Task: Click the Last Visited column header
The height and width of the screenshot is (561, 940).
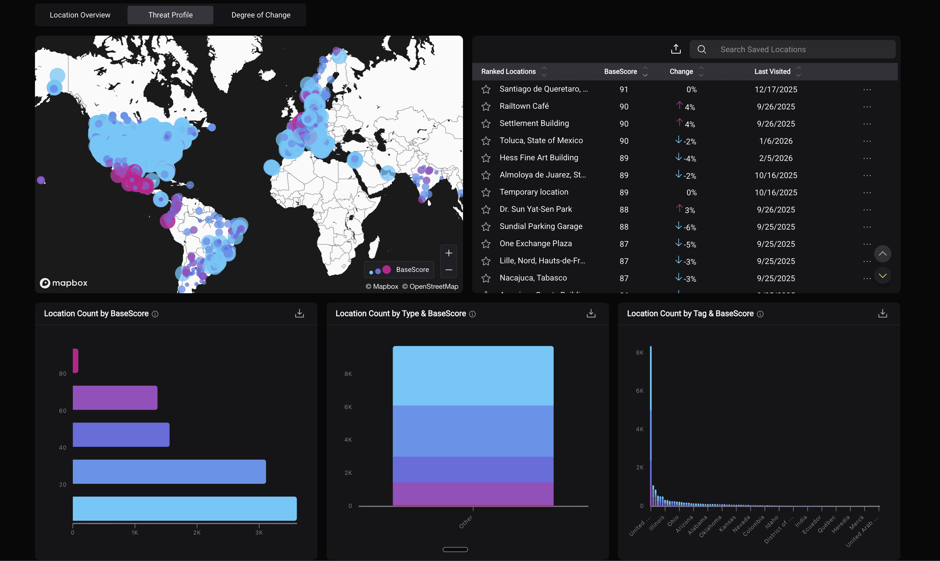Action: click(x=772, y=72)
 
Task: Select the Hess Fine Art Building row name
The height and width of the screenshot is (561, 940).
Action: click(x=539, y=158)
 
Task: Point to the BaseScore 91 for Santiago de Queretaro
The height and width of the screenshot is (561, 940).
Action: click(x=624, y=90)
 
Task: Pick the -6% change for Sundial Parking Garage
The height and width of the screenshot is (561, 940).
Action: click(x=689, y=227)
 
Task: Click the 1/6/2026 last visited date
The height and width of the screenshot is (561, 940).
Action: click(x=776, y=141)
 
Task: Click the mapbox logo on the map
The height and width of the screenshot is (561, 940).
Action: click(x=64, y=283)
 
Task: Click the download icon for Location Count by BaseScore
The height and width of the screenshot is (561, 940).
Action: click(x=299, y=313)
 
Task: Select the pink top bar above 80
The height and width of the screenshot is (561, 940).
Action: click(x=76, y=361)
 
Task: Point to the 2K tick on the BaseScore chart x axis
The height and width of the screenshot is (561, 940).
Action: click(x=197, y=532)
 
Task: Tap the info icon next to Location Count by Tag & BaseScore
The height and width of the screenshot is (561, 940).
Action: click(x=760, y=314)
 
